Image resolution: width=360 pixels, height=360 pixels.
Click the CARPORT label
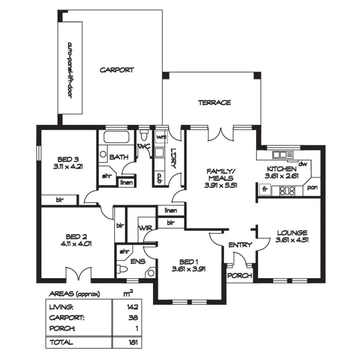point(117,70)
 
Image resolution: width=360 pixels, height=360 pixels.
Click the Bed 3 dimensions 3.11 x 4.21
point(68,166)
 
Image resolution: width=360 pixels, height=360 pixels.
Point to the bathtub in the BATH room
point(117,138)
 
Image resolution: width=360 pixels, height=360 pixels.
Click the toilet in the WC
point(144,136)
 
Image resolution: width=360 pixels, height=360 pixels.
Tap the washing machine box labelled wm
point(161,137)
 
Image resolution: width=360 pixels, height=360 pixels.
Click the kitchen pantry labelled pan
point(312,188)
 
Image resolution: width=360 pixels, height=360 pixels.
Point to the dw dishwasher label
point(302,164)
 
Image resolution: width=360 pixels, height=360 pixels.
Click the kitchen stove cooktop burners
point(287,191)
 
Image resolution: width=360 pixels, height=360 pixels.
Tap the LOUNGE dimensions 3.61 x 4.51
point(292,240)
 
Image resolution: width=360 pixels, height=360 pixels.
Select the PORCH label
point(240,276)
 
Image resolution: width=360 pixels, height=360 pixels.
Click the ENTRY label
point(240,245)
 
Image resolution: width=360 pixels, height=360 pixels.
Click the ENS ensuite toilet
point(122,269)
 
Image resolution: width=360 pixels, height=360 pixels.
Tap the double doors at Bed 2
point(79,274)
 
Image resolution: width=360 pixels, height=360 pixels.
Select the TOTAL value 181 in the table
point(133,342)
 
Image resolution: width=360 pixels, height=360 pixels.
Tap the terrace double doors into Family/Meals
point(221,134)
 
